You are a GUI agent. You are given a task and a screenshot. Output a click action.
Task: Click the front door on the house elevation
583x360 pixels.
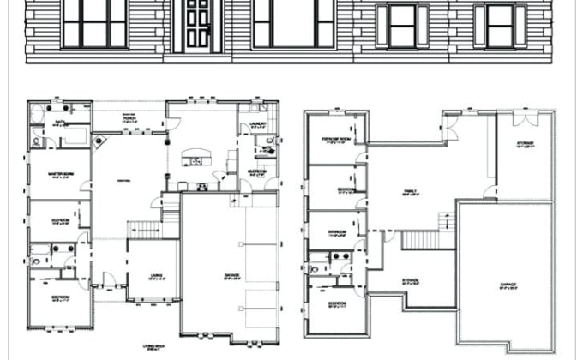point(198,24)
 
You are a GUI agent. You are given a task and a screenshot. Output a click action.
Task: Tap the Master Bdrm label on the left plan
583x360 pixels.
point(59,172)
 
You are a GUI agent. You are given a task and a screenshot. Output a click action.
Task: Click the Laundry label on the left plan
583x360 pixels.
point(259,124)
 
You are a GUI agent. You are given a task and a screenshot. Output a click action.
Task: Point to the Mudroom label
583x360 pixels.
point(255,171)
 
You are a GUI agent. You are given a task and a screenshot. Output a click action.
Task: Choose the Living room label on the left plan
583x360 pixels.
point(157,276)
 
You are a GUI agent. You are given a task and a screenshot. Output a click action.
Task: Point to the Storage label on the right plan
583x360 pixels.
point(526,142)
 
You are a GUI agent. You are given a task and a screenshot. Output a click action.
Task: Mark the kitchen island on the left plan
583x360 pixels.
point(195,159)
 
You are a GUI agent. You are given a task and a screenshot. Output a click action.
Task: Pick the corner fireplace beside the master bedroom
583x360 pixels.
point(101,140)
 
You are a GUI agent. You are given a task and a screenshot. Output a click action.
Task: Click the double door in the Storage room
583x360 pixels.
point(520,114)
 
